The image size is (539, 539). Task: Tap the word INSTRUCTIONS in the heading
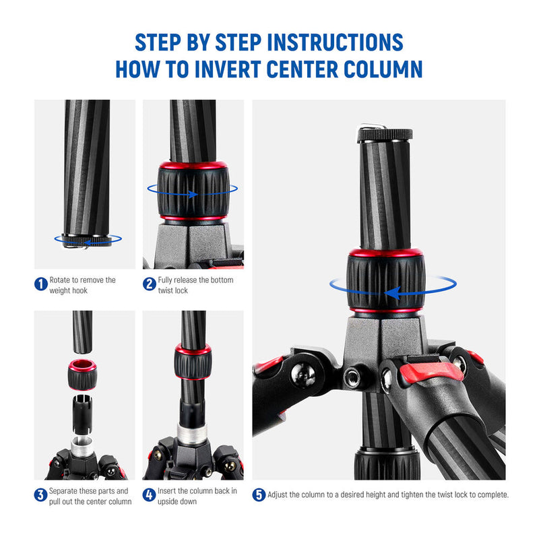335,42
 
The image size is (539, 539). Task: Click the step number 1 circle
40,284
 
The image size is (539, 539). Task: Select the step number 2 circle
149,284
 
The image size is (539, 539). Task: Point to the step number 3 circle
40,495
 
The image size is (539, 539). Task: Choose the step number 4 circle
149,495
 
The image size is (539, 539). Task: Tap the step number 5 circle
259,495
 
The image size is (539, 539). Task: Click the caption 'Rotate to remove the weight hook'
82,284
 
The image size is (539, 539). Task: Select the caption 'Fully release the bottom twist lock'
195,284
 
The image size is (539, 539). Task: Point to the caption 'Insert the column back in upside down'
197,495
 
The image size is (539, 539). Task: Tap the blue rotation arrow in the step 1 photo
88,239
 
